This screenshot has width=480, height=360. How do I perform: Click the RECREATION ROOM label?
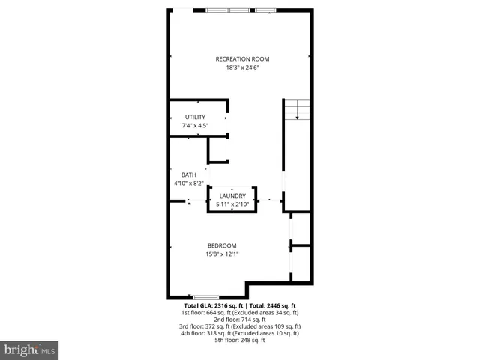(x=242, y=59)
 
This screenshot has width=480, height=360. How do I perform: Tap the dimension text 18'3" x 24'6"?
(x=242, y=67)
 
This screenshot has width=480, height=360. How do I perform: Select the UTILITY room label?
(x=195, y=118)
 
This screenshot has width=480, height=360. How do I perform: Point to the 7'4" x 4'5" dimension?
(x=195, y=126)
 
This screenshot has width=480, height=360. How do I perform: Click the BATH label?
(x=188, y=175)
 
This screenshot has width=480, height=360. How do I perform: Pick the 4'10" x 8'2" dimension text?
(x=188, y=183)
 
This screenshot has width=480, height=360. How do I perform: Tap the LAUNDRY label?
(x=232, y=196)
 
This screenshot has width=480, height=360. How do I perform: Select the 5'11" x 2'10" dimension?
(x=232, y=204)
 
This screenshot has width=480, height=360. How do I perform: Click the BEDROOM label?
(x=222, y=245)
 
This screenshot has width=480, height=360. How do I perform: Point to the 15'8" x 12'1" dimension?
(x=222, y=253)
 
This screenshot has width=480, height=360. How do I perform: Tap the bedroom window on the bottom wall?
(x=205, y=297)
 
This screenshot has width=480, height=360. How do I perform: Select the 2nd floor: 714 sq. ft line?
(x=240, y=319)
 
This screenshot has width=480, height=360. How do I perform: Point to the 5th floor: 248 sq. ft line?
(x=240, y=340)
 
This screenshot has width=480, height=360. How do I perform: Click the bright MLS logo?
(x=29, y=349)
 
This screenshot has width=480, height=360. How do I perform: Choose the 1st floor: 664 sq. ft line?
(x=240, y=313)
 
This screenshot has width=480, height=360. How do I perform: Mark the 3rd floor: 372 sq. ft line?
(x=240, y=326)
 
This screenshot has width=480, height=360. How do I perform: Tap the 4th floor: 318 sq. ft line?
(x=240, y=333)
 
